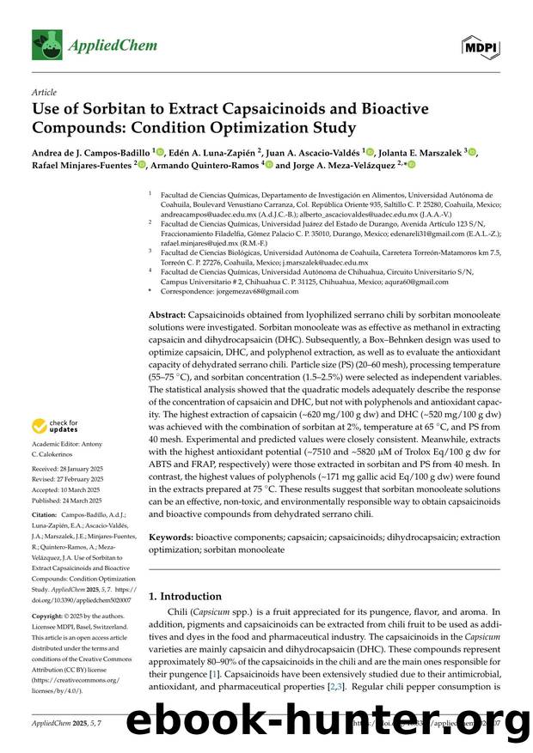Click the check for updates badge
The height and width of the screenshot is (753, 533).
tap(55, 427)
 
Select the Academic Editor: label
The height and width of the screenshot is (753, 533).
tap(59, 444)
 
